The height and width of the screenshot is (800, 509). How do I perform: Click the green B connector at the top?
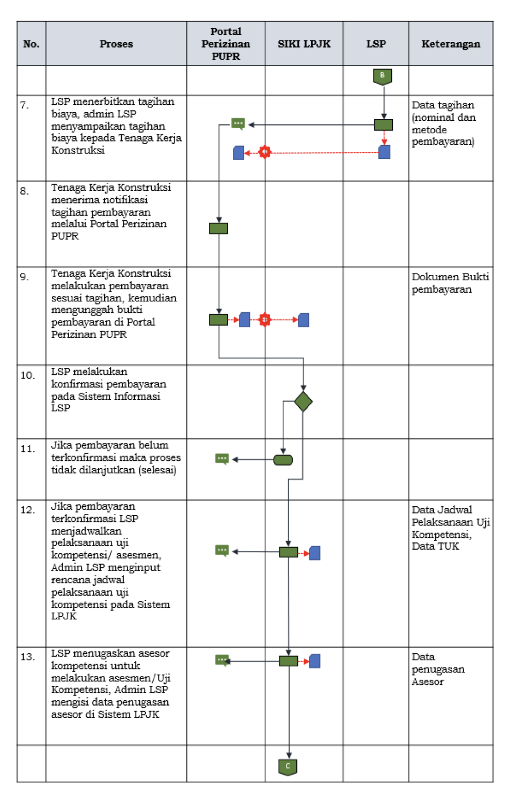383,76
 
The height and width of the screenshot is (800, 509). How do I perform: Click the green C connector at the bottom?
288,766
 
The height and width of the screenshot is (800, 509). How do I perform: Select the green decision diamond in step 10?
303,402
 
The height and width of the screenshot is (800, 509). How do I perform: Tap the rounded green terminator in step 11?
283,459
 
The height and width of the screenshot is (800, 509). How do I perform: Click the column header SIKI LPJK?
304,44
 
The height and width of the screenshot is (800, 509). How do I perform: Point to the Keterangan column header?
451,44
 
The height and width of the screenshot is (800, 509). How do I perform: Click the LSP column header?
376,44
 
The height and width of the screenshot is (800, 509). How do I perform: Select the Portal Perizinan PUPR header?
226,44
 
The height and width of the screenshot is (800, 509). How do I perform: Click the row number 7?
25,105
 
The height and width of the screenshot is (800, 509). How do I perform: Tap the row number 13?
27,657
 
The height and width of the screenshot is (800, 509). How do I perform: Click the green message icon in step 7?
238,124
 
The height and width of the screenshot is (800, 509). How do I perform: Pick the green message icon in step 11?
222,459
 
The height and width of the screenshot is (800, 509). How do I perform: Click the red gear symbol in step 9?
264,320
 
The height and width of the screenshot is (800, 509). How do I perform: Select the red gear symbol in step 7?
264,152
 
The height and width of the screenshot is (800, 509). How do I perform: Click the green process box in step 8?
218,228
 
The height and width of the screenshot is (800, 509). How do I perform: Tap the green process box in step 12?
289,552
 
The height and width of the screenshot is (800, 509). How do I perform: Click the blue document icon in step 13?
315,661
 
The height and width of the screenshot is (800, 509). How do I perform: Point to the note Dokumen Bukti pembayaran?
450,283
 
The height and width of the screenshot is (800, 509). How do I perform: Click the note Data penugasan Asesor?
438,669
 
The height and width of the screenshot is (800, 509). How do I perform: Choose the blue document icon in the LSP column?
384,152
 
